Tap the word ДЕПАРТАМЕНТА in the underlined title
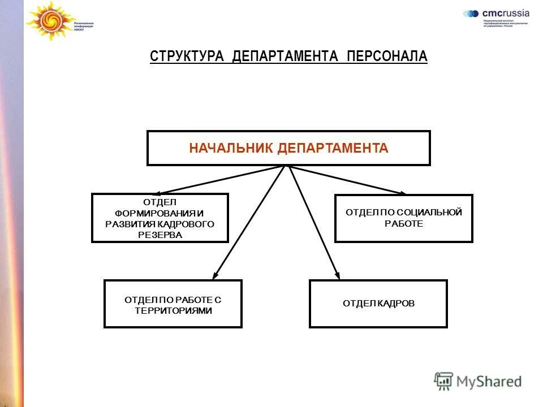point(285,57)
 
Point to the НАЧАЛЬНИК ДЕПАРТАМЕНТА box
point(288,148)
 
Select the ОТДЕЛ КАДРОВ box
point(378,304)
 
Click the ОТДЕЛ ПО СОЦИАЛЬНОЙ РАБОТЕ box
point(404,218)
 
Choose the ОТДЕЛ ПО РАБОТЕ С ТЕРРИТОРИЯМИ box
point(173,304)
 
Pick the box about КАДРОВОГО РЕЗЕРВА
point(160,218)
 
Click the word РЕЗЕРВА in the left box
point(160,235)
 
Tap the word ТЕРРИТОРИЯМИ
point(173,310)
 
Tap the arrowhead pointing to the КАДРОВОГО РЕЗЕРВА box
point(150,193)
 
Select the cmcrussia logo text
point(505,13)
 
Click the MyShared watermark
point(479,382)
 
